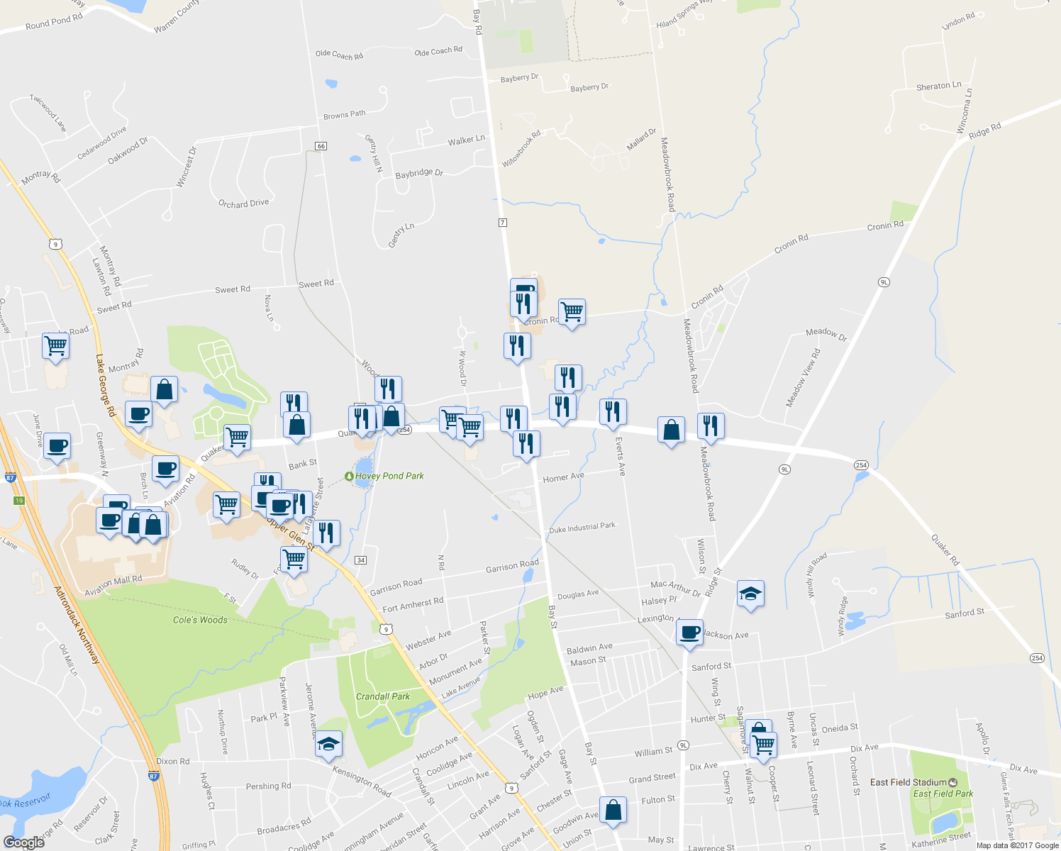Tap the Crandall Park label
tap(383, 696)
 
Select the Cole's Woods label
tap(200, 620)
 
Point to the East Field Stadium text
tap(908, 782)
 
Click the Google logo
tap(23, 842)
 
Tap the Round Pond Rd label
tap(54, 22)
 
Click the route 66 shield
tap(321, 146)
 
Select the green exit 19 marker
tap(19, 501)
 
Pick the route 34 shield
tap(361, 560)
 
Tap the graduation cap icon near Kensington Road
tap(328, 744)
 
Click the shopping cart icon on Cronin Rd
tap(572, 311)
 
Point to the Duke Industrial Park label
tap(582, 528)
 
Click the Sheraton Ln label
tap(938, 87)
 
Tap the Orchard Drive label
tap(243, 204)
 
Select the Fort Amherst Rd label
tap(413, 605)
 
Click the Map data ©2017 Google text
tap(1017, 845)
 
